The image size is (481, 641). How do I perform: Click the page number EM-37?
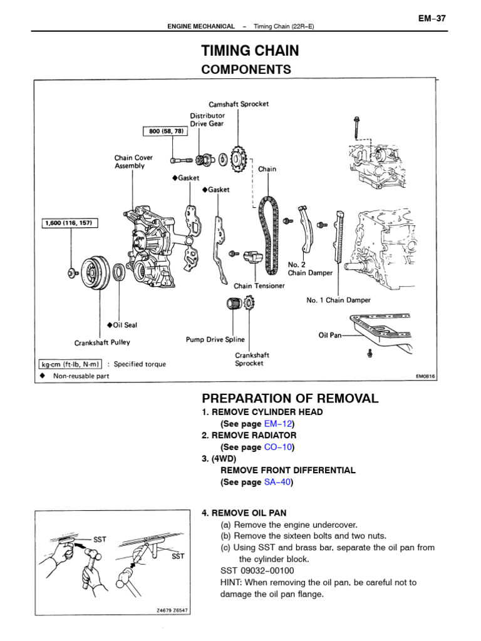(x=432, y=18)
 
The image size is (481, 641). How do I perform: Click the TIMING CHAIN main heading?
(x=249, y=51)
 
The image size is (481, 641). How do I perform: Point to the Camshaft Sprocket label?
(x=239, y=104)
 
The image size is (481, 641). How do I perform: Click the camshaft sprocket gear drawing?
(x=236, y=158)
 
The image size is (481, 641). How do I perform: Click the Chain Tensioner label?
(x=259, y=286)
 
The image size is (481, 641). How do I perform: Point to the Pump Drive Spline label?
(x=215, y=340)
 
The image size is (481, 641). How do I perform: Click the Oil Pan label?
(x=330, y=336)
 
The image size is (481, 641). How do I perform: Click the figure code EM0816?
(x=425, y=377)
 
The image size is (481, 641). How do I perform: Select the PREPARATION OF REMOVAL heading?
(x=290, y=399)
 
